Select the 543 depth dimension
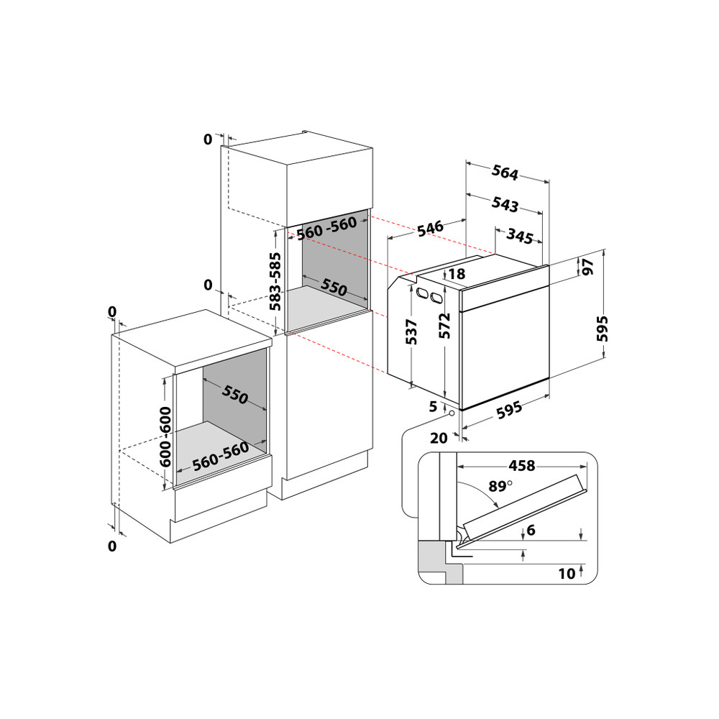tap(505, 204)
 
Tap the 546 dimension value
tap(430, 229)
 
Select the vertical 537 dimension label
tap(412, 331)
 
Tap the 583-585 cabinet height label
tap(275, 281)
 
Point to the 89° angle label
tap(501, 487)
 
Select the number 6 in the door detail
tap(531, 530)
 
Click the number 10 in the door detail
tap(567, 573)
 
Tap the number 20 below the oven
tap(439, 437)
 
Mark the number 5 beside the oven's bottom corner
tap(433, 407)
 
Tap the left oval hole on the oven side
tap(420, 292)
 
